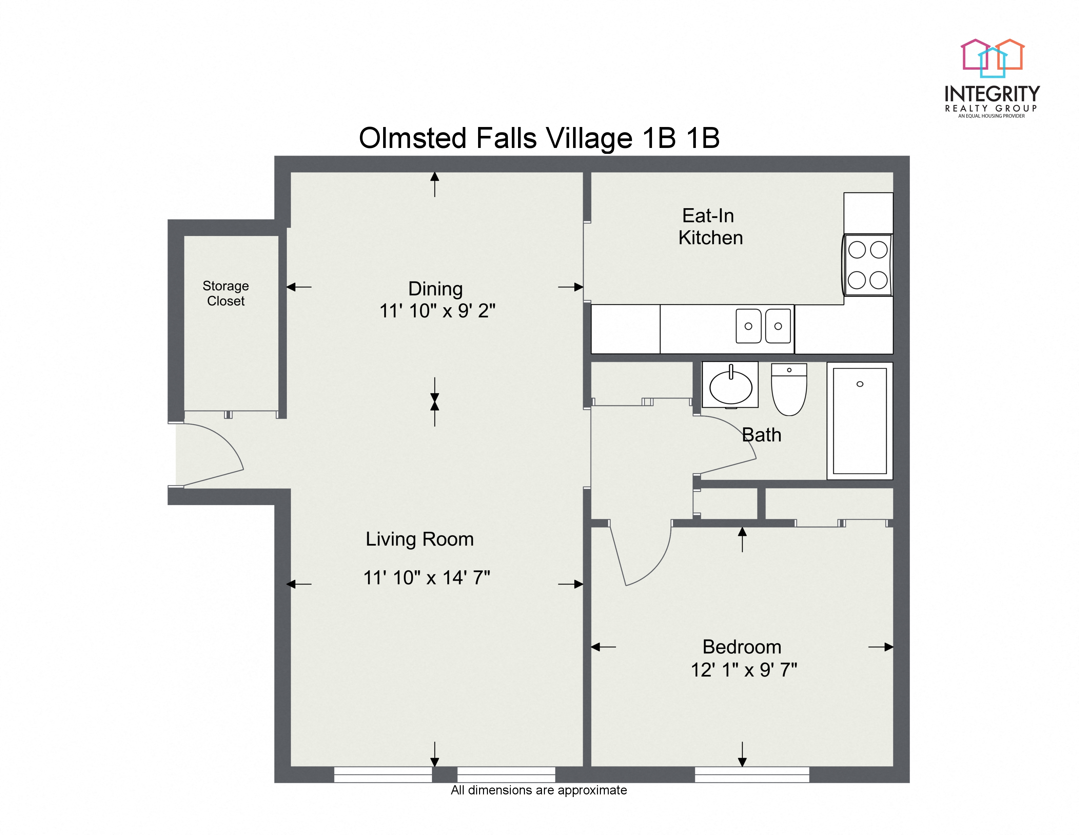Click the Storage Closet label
point(226,293)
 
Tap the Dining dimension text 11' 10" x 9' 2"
point(437,311)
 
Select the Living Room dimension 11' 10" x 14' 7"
point(426,578)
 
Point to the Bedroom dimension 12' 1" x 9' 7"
point(744,670)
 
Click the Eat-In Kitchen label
point(710,227)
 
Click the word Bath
point(761,435)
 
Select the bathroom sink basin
point(731,387)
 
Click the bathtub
point(860,421)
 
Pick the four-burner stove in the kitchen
point(867,265)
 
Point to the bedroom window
point(752,774)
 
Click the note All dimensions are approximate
point(538,790)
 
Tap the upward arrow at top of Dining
point(434,184)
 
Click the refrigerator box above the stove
point(868,213)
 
